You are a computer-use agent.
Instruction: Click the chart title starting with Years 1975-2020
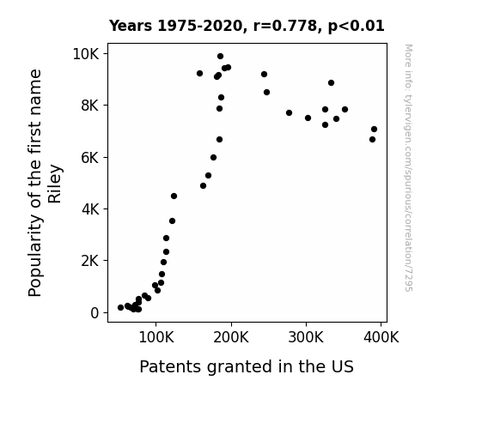(247, 26)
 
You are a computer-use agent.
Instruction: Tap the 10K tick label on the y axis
(86, 54)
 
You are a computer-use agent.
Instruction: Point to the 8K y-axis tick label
(90, 106)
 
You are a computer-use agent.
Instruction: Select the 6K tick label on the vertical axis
(90, 157)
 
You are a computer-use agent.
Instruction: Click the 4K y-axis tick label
(90, 209)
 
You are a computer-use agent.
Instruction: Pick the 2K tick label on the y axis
(90, 261)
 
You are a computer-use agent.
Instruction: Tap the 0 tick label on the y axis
(95, 313)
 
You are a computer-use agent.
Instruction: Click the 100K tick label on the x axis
(156, 338)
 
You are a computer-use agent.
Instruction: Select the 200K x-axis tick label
(231, 338)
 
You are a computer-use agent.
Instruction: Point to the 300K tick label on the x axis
(306, 338)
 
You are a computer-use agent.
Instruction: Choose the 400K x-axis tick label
(381, 338)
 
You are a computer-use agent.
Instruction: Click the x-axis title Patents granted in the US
(247, 366)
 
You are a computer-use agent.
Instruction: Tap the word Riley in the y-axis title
(55, 184)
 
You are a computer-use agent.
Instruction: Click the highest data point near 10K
(220, 57)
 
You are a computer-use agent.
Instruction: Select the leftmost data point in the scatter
(120, 307)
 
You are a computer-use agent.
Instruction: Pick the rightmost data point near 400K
(374, 129)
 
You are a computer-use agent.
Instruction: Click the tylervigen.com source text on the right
(408, 168)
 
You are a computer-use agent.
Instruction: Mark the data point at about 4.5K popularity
(174, 196)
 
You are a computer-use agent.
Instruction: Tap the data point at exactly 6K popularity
(213, 157)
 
